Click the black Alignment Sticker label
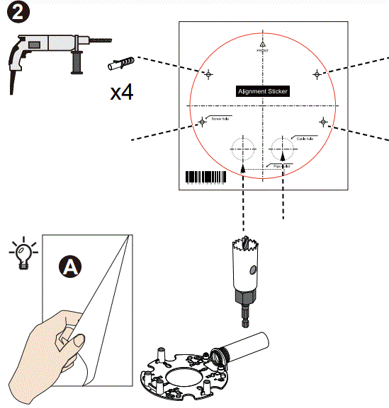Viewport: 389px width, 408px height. coord(263,91)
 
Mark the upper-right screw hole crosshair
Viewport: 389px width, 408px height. coord(317,74)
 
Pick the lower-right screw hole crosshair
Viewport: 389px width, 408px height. coord(323,122)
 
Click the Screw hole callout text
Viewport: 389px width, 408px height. coord(220,119)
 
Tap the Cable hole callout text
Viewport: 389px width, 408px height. coord(306,138)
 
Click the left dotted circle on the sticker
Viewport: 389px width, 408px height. coord(242,148)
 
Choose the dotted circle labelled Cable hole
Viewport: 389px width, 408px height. coord(283,148)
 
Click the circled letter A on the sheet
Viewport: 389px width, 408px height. coord(70,266)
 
